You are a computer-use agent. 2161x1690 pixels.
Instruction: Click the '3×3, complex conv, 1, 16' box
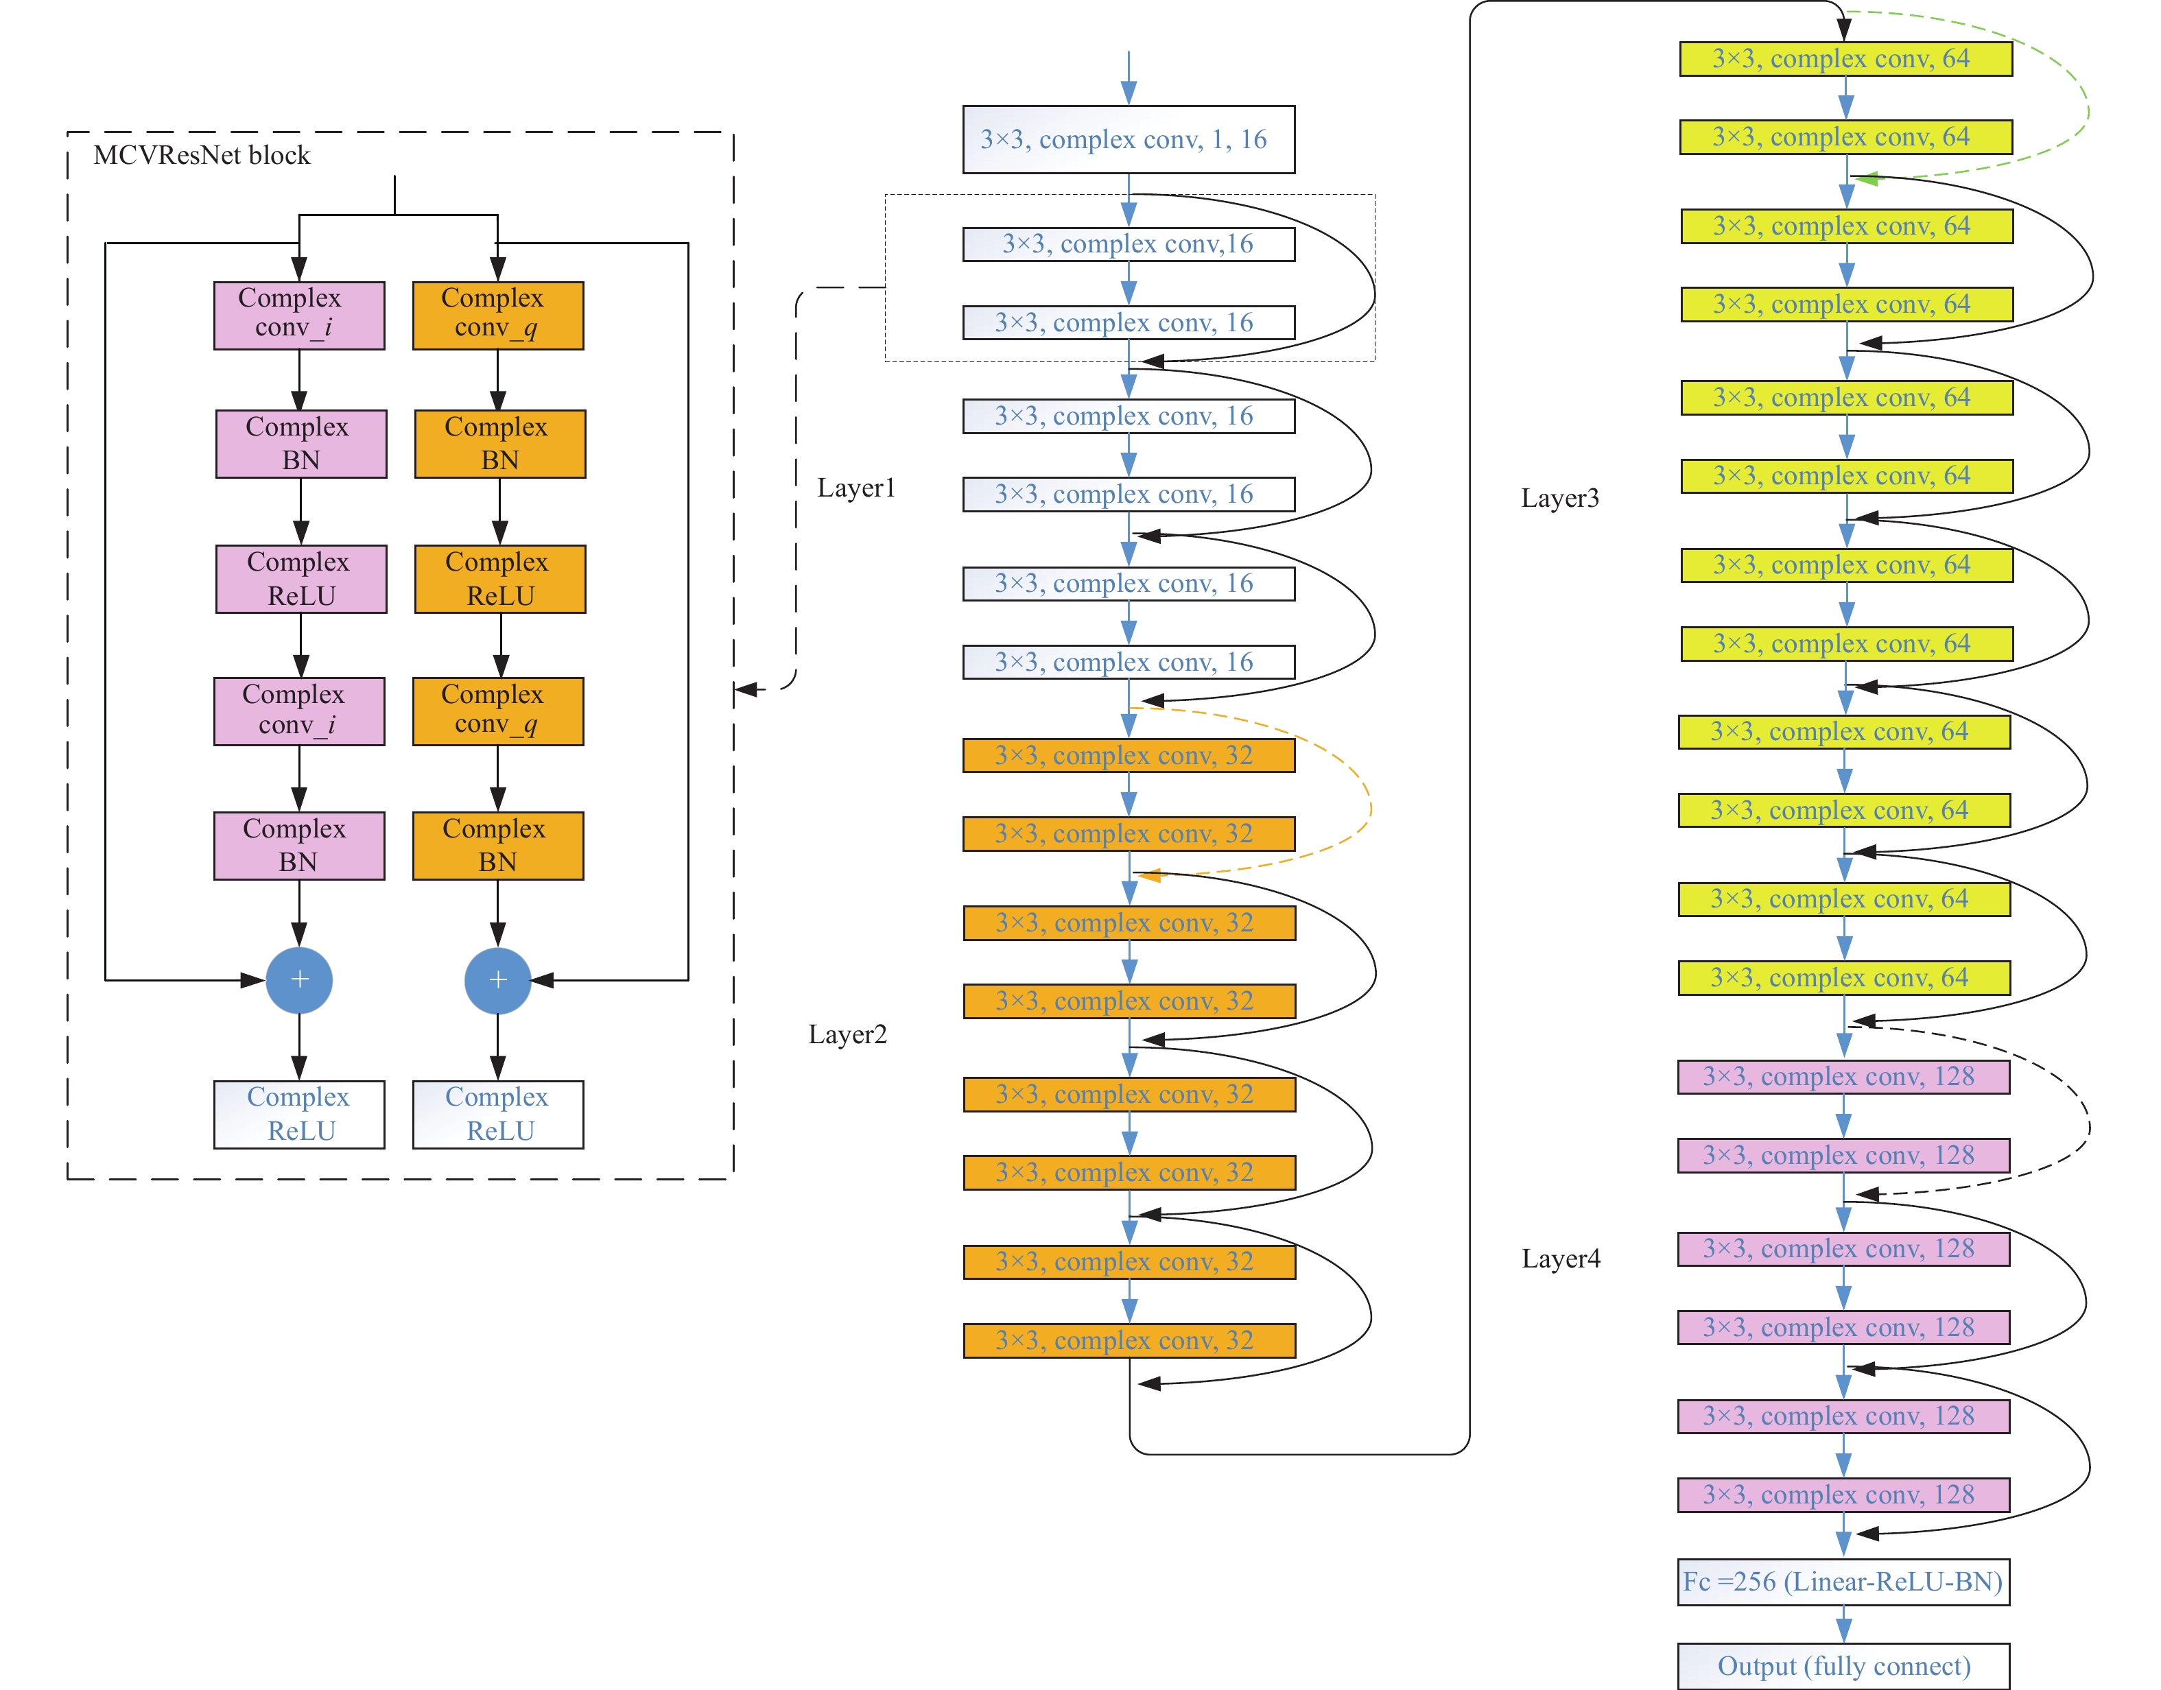coord(1128,139)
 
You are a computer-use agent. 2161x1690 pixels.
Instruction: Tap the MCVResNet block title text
coord(201,155)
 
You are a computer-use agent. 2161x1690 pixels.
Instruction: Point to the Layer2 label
coord(847,1035)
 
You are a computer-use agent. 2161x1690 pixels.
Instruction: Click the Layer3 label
coord(1559,498)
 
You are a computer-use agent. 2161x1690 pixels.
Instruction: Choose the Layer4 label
coord(1561,1259)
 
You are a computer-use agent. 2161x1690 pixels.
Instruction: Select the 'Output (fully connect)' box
coord(1843,1666)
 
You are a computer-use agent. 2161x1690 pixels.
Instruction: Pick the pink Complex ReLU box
coord(300,579)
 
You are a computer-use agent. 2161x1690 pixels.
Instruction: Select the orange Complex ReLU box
coord(499,579)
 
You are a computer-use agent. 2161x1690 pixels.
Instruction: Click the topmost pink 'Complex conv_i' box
coord(299,315)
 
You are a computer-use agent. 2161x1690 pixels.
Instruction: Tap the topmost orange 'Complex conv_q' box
coord(497,315)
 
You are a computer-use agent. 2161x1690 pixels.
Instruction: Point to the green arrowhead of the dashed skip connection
coord(1865,180)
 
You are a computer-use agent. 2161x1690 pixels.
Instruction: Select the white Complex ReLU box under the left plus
coord(299,1114)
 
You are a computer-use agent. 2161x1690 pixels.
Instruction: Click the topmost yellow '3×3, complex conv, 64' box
coord(1845,58)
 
